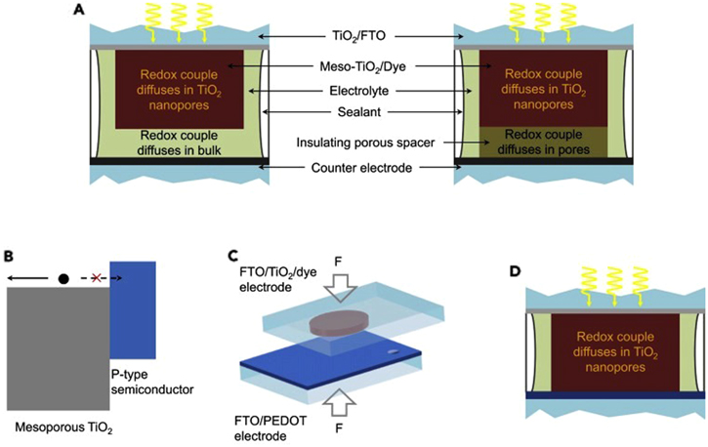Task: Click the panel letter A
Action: tap(77, 11)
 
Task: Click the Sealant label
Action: tap(354, 116)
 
